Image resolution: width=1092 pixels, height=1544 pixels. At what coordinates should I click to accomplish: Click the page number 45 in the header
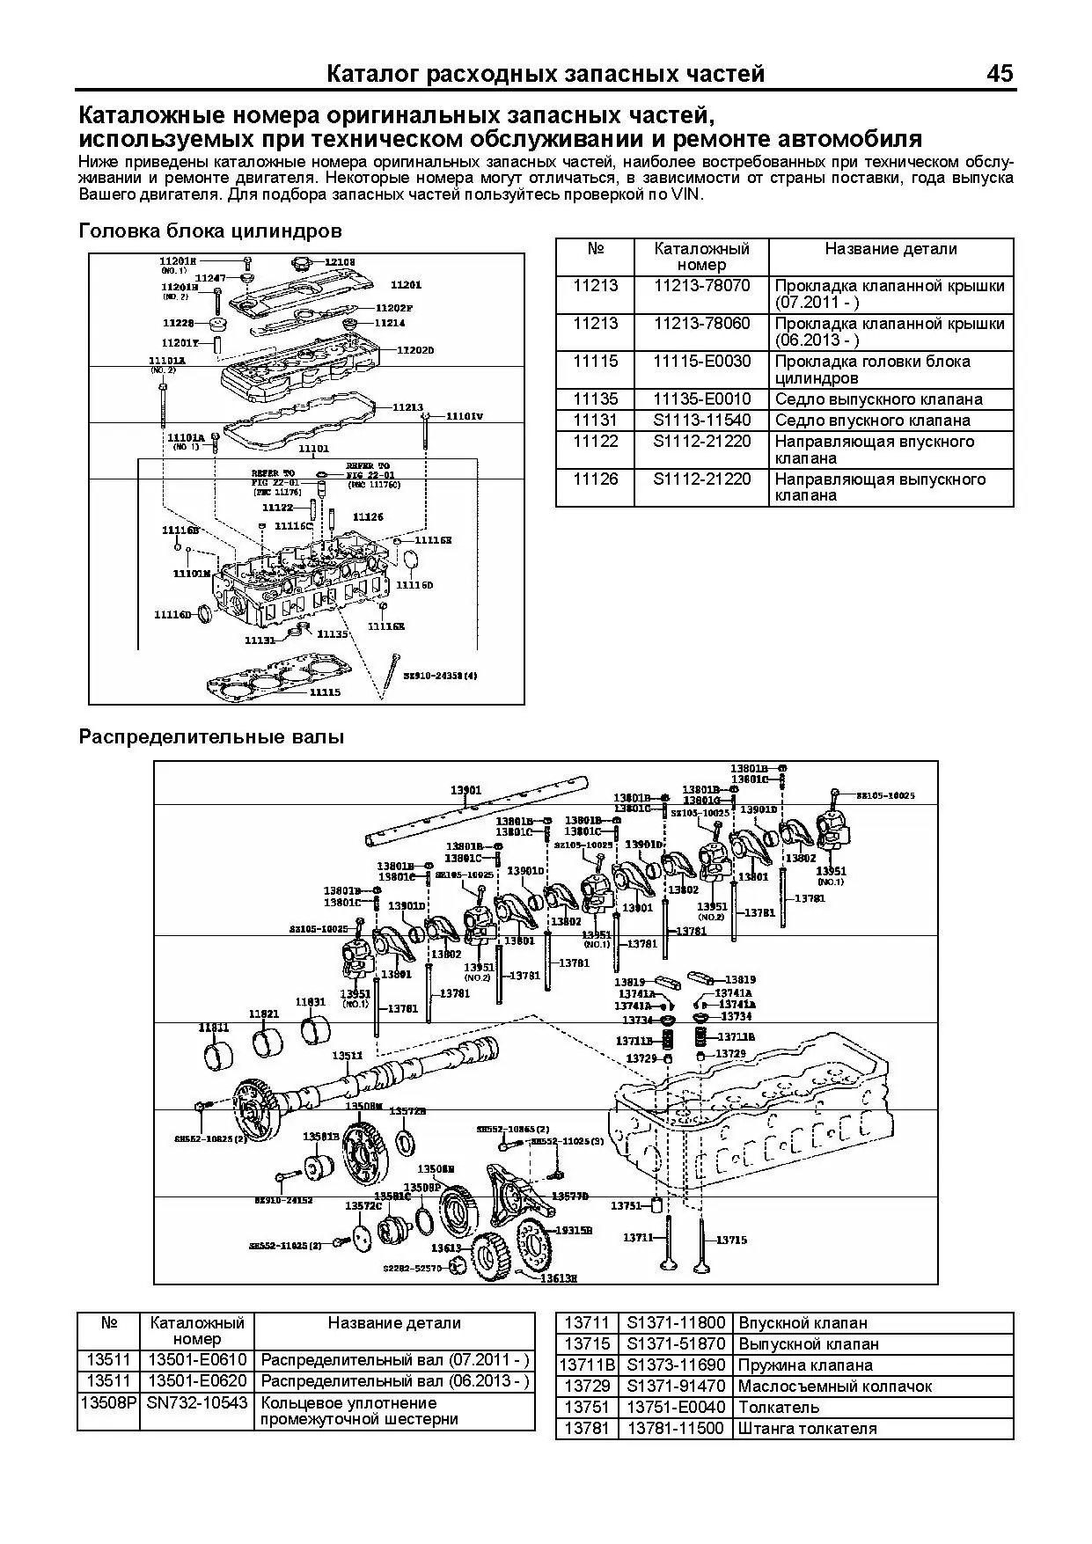point(1000,74)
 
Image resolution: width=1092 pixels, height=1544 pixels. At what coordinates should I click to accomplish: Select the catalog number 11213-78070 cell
point(701,286)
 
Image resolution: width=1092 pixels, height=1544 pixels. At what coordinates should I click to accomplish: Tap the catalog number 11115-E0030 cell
point(701,362)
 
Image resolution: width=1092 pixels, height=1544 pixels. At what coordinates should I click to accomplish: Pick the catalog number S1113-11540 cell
point(701,421)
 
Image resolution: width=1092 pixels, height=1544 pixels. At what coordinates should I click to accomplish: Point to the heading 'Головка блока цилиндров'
point(210,231)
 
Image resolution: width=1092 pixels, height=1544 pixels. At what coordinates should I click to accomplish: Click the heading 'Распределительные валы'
point(211,736)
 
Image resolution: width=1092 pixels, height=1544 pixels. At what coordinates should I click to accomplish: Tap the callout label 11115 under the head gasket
point(325,692)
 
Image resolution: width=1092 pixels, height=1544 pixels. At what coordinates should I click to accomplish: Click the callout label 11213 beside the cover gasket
point(407,407)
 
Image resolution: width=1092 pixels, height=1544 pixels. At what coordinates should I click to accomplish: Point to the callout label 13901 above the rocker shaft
point(465,789)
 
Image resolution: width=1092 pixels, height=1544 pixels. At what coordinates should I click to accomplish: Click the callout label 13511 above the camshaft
point(347,1056)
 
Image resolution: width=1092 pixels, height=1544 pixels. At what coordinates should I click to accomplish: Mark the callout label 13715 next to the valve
point(731,1240)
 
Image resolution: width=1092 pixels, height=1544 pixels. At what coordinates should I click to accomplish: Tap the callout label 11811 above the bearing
point(213,1028)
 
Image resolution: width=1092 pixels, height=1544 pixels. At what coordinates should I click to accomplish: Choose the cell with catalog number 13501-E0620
point(198,1381)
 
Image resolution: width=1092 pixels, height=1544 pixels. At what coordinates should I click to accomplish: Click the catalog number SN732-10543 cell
point(198,1402)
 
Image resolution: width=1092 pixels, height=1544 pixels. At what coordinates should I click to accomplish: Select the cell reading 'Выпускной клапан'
point(809,1344)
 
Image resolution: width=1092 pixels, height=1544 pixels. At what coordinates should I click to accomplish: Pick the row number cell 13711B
point(587,1365)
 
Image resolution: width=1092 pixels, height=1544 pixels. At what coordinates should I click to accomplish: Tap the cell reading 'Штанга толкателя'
point(807,1429)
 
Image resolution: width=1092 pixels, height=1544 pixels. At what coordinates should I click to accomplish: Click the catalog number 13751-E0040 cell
point(677,1408)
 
